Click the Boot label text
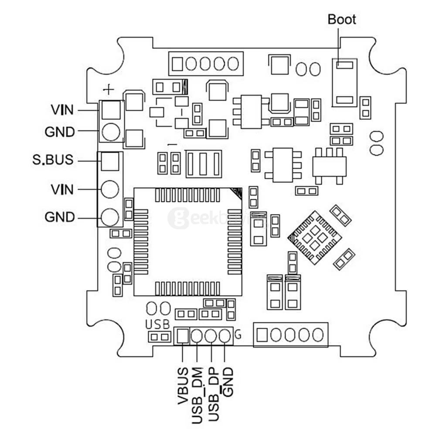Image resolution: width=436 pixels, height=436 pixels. [342, 20]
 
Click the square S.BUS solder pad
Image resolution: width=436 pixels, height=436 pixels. [109, 162]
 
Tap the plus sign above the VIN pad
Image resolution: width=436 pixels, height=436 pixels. [109, 89]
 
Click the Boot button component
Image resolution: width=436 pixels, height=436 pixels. [344, 82]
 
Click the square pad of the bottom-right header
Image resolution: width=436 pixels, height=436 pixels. [262, 335]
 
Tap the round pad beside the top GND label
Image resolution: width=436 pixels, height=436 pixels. [111, 131]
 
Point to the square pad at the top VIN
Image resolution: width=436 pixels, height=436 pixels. [111, 109]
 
